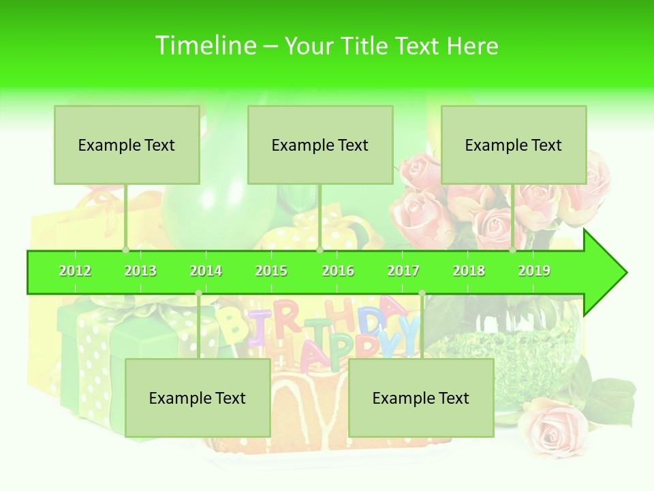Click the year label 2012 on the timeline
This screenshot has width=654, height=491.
(x=75, y=271)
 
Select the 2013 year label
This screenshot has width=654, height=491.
(x=140, y=271)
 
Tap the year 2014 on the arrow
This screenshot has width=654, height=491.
(x=206, y=271)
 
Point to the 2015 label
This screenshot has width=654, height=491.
(x=271, y=271)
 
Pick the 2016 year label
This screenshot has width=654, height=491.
(x=338, y=271)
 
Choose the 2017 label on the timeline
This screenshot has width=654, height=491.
(x=403, y=271)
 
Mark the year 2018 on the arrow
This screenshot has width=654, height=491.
(x=469, y=271)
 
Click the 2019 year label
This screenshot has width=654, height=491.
(x=534, y=271)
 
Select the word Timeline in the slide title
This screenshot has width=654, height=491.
(x=204, y=46)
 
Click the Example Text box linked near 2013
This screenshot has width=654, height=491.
(x=127, y=145)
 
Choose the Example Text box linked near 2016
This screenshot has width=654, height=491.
(x=320, y=145)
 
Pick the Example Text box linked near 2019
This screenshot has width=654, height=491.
(x=514, y=145)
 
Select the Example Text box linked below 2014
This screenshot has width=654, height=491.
(x=198, y=398)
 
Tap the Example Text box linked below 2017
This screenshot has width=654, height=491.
(x=421, y=398)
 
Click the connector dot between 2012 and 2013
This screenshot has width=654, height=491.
(x=125, y=250)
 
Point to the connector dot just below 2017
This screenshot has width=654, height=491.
(x=422, y=293)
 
